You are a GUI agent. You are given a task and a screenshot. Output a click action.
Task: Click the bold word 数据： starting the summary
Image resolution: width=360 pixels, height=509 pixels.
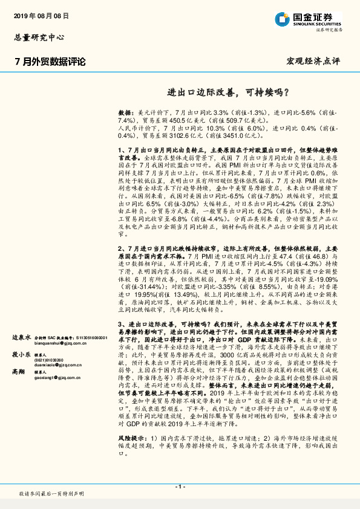pyautogui.click(x=126, y=113)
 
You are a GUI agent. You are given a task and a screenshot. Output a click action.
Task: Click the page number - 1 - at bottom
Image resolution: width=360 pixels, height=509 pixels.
pyautogui.click(x=180, y=486)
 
